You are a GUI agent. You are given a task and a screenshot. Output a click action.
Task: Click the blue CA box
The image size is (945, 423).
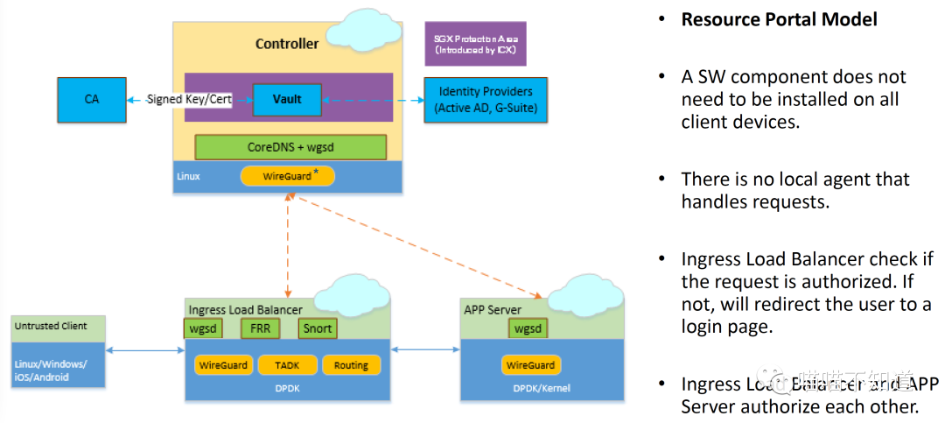92,99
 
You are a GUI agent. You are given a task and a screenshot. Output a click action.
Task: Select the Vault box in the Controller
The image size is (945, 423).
287,99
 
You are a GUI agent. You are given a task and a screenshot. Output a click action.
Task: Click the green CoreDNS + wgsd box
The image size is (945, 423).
290,147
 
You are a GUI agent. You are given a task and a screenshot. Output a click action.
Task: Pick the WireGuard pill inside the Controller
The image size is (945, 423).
288,176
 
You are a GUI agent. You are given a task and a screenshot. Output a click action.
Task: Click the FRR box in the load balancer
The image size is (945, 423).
260,328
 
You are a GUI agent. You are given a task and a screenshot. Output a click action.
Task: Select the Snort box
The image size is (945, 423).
317,328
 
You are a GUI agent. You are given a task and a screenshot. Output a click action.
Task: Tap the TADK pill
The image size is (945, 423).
286,365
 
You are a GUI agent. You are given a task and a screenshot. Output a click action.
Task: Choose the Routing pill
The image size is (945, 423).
351,365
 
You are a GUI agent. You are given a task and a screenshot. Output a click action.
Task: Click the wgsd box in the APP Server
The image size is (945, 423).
528,328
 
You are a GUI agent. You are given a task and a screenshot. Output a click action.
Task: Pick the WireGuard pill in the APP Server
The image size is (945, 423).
530,365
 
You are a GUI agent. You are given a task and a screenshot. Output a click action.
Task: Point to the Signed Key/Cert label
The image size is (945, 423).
190,99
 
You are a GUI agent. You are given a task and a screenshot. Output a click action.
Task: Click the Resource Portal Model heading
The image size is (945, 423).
779,19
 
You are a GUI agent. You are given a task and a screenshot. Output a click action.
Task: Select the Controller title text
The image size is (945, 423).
287,44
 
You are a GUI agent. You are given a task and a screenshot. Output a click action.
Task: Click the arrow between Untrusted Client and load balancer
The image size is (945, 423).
145,351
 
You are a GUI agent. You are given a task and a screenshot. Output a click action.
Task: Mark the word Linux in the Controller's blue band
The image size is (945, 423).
188,176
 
